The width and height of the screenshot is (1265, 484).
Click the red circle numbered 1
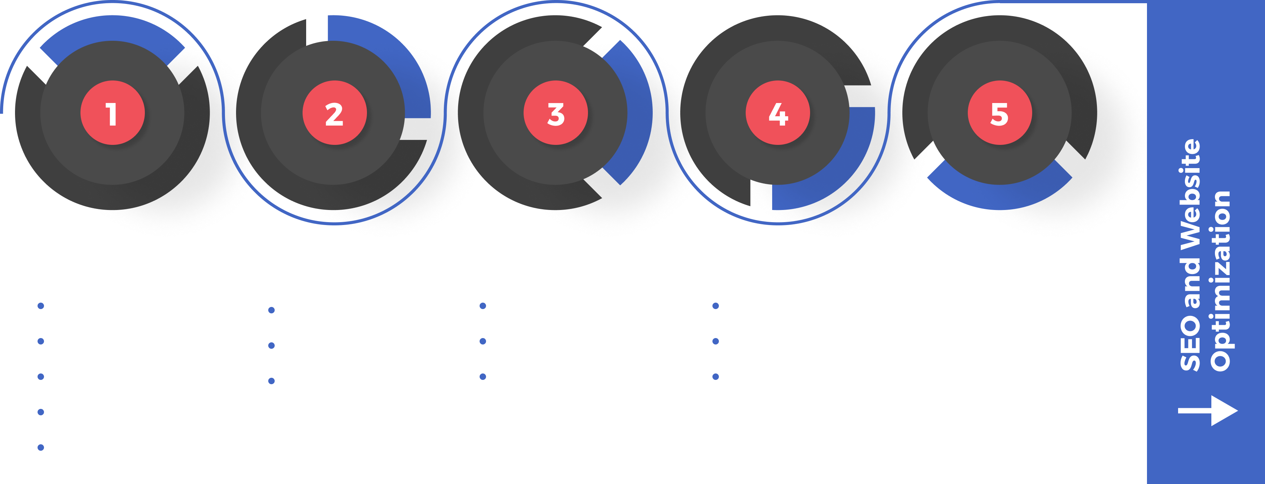[x=112, y=113]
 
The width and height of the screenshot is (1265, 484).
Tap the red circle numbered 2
[x=334, y=113]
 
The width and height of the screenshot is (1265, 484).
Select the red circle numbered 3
[x=556, y=113]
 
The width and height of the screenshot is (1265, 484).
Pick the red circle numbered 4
[x=778, y=113]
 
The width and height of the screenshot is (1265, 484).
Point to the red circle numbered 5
[x=999, y=113]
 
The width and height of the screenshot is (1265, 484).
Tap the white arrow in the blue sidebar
[x=1208, y=410]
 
